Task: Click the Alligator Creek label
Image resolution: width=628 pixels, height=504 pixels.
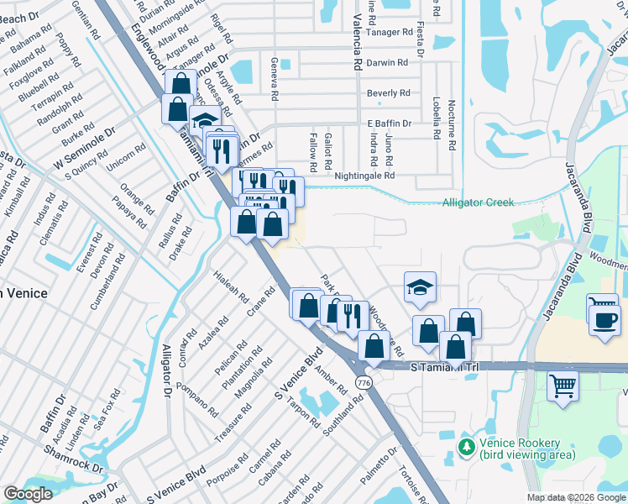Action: click(x=478, y=202)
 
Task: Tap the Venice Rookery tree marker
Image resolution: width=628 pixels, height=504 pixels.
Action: click(x=466, y=448)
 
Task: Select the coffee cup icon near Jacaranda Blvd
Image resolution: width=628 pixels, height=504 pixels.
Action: click(x=604, y=320)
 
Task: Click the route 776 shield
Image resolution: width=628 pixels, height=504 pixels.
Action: click(x=364, y=382)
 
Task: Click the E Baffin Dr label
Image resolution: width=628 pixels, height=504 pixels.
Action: click(x=390, y=123)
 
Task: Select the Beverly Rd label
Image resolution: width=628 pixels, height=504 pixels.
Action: click(x=388, y=92)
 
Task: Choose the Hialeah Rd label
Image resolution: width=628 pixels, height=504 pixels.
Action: click(x=232, y=286)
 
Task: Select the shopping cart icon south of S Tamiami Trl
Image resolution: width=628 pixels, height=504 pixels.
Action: click(x=563, y=387)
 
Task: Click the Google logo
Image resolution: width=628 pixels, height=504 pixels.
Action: click(x=28, y=494)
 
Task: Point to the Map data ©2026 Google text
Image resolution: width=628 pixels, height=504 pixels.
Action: click(x=575, y=497)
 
